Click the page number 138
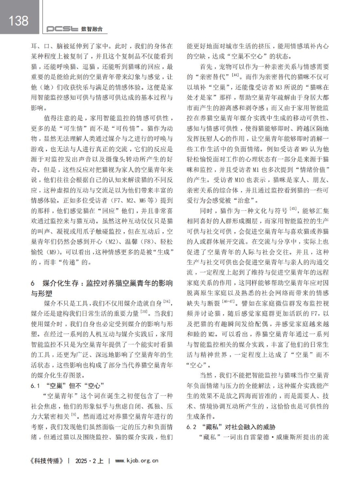pyautogui.click(x=18, y=20)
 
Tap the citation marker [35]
pyautogui.click(x=144, y=311)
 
